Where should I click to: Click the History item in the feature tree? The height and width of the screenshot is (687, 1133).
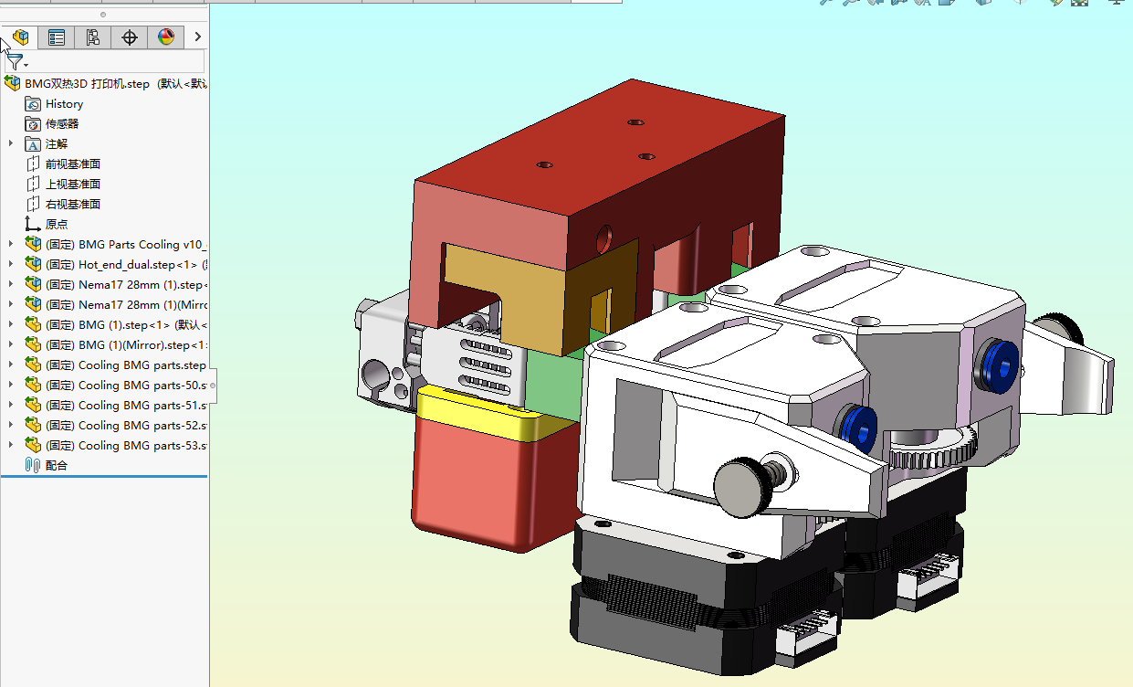pyautogui.click(x=64, y=104)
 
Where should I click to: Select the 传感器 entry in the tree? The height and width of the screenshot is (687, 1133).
pyautogui.click(x=62, y=124)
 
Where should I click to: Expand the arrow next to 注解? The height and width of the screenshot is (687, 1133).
pyautogui.click(x=11, y=143)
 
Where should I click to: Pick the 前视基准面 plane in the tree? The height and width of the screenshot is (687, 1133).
pyautogui.click(x=72, y=164)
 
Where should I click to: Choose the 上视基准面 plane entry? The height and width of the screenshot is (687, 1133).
pyautogui.click(x=72, y=185)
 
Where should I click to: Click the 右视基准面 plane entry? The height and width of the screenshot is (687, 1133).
pyautogui.click(x=72, y=205)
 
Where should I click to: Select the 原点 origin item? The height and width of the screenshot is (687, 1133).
pyautogui.click(x=57, y=225)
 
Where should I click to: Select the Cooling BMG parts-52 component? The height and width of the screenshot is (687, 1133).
pyautogui.click(x=137, y=426)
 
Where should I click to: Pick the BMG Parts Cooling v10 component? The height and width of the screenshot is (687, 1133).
pyautogui.click(x=137, y=245)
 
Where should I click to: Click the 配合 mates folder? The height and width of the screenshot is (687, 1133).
pyautogui.click(x=57, y=466)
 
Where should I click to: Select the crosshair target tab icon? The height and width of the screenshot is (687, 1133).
pyautogui.click(x=130, y=37)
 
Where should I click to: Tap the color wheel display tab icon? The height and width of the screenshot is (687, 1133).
pyautogui.click(x=165, y=37)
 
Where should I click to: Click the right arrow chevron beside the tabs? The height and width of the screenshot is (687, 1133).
pyautogui.click(x=197, y=37)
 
